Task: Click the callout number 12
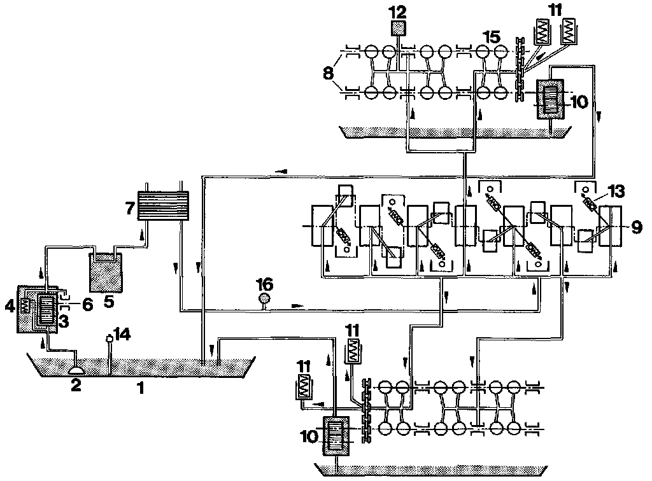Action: pos(400,11)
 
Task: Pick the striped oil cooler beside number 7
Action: pos(164,206)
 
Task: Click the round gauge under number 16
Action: pos(263,298)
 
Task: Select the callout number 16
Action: pos(263,282)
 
